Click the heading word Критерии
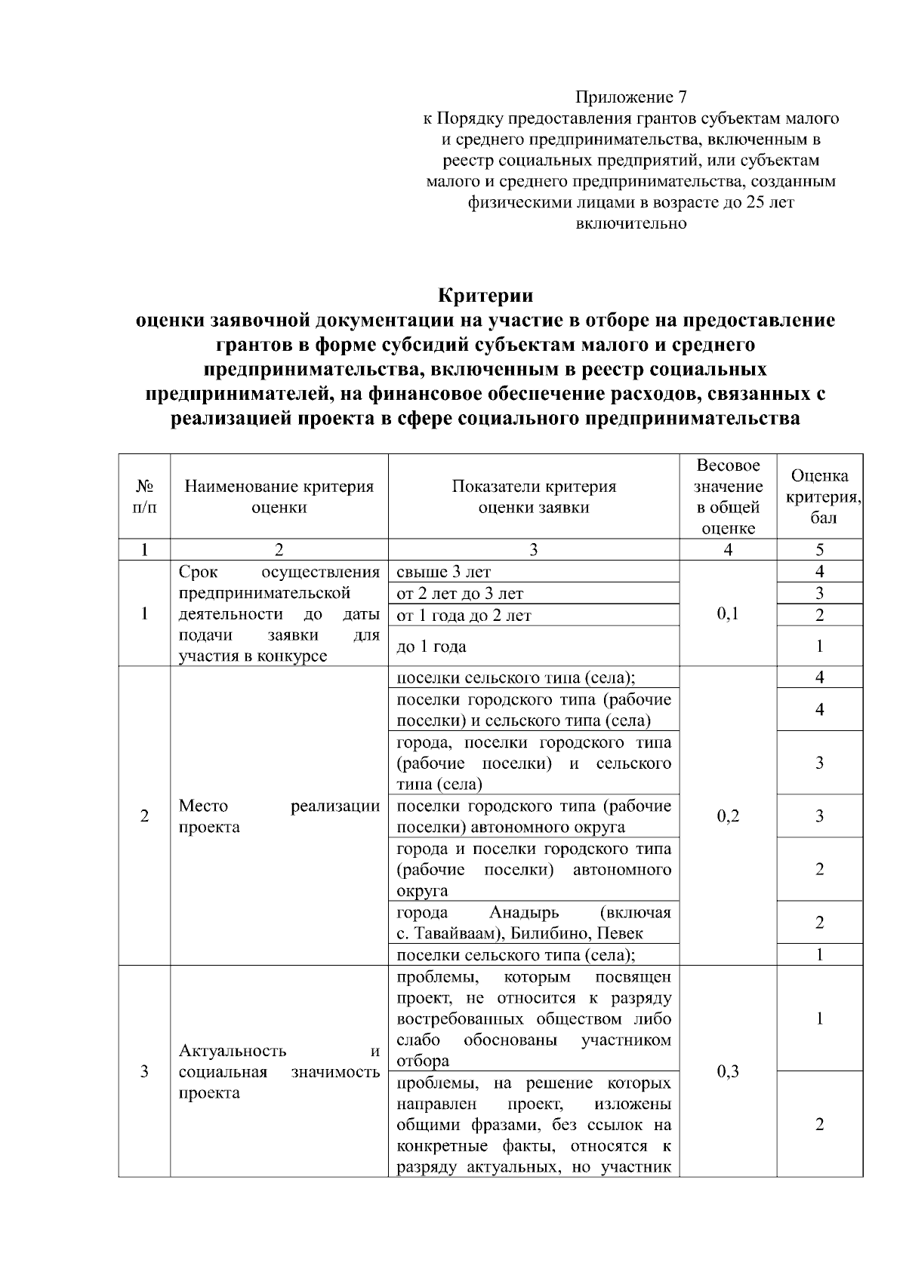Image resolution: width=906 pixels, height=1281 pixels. [485, 294]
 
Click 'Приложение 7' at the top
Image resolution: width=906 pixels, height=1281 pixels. [631, 97]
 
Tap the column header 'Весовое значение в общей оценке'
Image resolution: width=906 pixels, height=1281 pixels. [728, 496]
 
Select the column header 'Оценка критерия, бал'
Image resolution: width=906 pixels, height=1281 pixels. [819, 496]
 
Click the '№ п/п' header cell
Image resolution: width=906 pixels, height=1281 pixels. [144, 496]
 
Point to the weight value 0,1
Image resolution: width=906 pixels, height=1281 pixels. [728, 613]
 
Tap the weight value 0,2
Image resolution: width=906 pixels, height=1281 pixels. [728, 816]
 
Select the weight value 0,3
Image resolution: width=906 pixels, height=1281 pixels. [728, 1071]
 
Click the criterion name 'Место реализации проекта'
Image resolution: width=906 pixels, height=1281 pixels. [279, 816]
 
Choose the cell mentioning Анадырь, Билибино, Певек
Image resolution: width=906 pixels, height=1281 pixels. [533, 923]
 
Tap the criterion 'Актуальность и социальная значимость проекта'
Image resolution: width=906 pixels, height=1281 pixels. [279, 1071]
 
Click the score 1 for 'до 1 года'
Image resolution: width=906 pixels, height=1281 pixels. [819, 646]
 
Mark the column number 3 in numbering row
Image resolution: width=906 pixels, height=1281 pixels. [533, 550]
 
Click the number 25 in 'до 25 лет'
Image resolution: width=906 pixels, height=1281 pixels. [754, 202]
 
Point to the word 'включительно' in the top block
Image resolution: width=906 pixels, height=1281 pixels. [631, 223]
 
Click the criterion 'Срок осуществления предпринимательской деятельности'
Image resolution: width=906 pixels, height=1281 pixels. [279, 613]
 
